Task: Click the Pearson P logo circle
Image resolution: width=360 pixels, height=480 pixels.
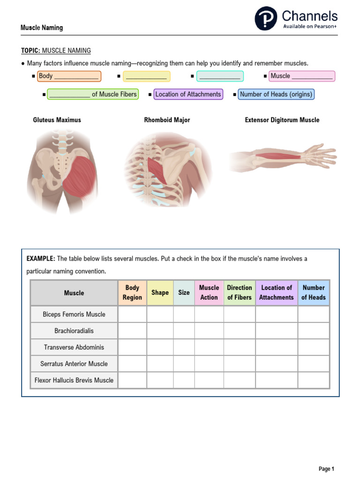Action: coord(266,19)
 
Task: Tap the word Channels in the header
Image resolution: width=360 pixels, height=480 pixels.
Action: coord(309,16)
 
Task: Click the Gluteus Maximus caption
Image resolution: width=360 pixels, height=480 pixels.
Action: coord(57,120)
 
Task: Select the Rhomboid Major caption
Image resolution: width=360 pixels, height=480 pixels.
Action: coord(167,120)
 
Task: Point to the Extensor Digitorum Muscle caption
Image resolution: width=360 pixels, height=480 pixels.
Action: coord(282,120)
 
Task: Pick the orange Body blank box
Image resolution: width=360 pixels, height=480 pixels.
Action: coord(69,76)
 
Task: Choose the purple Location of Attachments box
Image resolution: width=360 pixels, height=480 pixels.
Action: coord(188,94)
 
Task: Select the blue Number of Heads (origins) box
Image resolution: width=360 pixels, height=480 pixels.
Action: coord(276,94)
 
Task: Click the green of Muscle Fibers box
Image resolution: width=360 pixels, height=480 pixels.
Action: coord(93,94)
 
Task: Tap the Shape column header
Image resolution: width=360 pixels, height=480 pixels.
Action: coord(160,292)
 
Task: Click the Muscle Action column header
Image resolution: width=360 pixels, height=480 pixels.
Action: coord(209,292)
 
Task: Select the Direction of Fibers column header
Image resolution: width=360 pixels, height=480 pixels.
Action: coord(240,292)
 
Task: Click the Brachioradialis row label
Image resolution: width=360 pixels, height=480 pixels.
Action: coord(74,331)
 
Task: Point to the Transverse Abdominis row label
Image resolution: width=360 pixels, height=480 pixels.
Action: coord(74,347)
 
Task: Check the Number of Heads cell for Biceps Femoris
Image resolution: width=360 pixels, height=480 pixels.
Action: coord(314,314)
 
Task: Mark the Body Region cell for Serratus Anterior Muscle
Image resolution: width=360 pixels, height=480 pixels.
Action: coord(132,364)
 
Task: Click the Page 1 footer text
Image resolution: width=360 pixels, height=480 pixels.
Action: coord(326,469)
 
